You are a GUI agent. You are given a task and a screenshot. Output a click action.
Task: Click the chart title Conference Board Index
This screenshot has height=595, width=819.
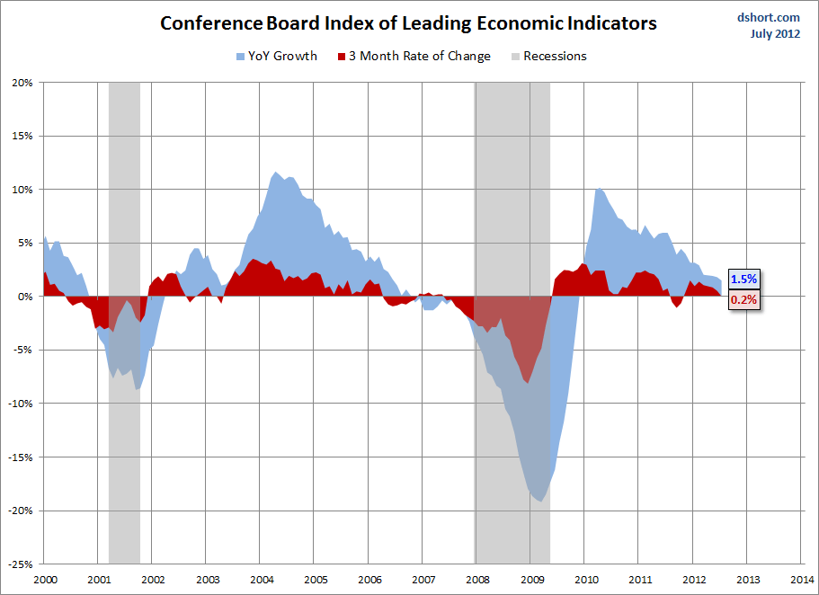click(x=408, y=23)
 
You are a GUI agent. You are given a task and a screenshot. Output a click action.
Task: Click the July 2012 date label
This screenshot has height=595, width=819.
click(x=776, y=34)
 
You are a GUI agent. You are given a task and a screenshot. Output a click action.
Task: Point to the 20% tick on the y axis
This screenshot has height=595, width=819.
click(x=22, y=83)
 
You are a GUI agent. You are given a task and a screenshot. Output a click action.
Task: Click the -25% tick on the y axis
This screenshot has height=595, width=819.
click(x=20, y=564)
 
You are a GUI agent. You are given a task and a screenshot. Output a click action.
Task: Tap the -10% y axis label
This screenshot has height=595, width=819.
click(x=20, y=404)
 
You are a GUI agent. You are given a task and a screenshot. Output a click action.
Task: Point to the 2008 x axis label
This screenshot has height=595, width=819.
click(x=477, y=579)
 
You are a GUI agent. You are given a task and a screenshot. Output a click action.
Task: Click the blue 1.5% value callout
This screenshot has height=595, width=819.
click(x=743, y=280)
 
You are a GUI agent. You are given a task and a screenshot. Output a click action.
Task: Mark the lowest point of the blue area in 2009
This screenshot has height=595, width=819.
click(x=539, y=500)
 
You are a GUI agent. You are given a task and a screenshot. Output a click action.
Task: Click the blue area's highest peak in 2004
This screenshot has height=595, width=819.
click(x=275, y=173)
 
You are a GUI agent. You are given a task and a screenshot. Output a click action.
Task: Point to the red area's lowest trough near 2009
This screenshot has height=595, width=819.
click(x=527, y=383)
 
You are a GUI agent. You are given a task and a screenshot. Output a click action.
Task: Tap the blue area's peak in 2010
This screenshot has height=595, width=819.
click(x=599, y=189)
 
